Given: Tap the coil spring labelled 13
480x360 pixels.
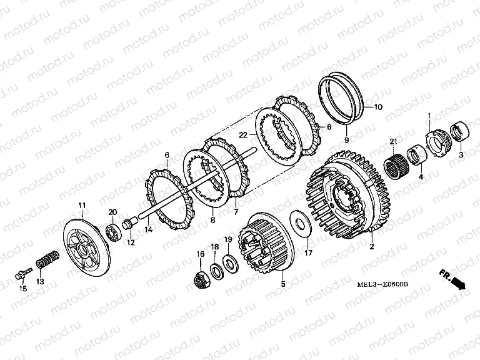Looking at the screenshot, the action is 47,260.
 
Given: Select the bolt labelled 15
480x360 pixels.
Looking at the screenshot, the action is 23,274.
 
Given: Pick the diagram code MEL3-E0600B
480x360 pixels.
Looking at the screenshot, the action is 382,284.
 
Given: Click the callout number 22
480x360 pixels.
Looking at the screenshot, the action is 243,135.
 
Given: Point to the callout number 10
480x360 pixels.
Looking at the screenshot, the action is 378,107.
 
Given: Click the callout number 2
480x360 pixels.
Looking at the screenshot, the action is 372,246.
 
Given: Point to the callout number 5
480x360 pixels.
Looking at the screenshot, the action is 283,284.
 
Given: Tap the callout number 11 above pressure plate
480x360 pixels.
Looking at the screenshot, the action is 82,205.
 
